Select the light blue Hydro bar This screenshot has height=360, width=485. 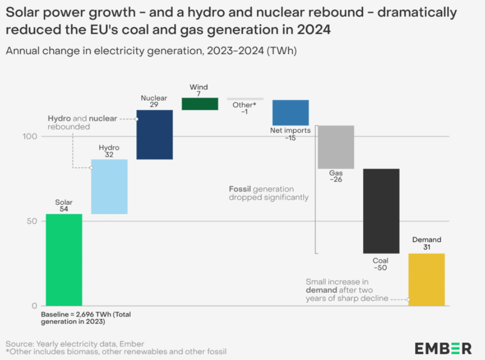click(109, 186)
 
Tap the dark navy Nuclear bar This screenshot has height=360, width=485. click(155, 134)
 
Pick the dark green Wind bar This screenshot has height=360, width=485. click(200, 104)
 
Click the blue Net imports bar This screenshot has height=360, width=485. click(290, 112)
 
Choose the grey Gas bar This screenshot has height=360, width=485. click(336, 147)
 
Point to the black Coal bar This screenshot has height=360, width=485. click(381, 211)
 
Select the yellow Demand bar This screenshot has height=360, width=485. click(426, 279)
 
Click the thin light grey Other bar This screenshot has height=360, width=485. click(245, 99)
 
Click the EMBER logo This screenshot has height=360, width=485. click(443, 348)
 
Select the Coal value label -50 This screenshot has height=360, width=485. click(380, 268)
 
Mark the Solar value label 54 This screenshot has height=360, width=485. click(64, 209)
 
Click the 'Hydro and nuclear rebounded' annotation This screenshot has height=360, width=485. click(82, 123)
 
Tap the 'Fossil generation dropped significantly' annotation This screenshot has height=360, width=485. click(269, 193)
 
